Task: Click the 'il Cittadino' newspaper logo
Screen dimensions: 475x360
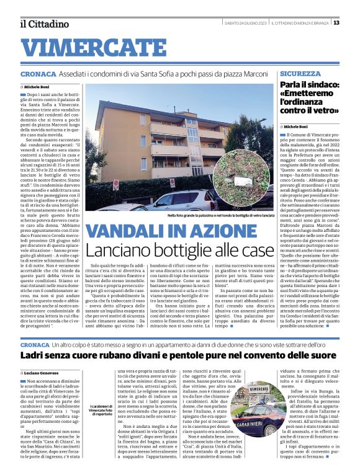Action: click(43, 24)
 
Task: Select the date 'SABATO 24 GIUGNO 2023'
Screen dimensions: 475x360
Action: click(246, 22)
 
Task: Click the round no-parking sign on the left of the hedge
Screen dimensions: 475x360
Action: click(115, 184)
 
